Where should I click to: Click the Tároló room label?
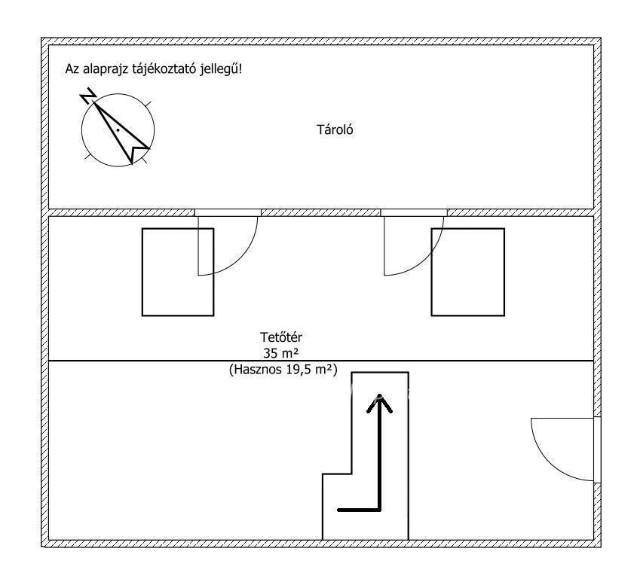pyautogui.click(x=335, y=129)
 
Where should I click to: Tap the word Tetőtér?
pyautogui.click(x=281, y=337)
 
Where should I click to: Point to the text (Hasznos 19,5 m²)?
pyautogui.click(x=283, y=370)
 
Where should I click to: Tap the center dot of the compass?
pyautogui.click(x=118, y=130)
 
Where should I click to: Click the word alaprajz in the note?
pyautogui.click(x=106, y=69)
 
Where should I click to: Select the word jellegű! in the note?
pyautogui.click(x=221, y=69)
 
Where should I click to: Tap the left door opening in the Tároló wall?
pyautogui.click(x=228, y=212)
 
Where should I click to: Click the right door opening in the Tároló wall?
pyautogui.click(x=414, y=212)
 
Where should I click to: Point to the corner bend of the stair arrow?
pyautogui.click(x=380, y=510)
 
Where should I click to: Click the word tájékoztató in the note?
pyautogui.click(x=164, y=69)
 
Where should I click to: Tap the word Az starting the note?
pyautogui.click(x=72, y=69)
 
